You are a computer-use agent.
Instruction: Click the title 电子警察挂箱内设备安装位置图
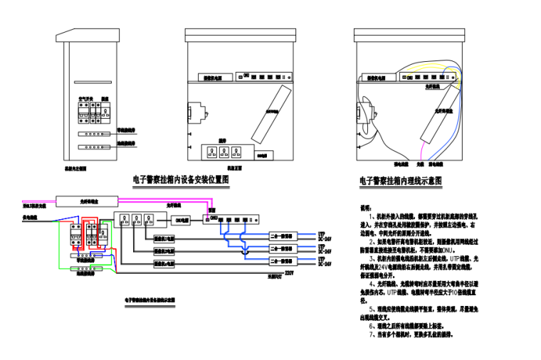tap(181, 180)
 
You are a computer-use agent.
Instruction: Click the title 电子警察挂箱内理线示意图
tap(401, 181)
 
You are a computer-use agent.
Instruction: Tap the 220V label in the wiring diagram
tap(288, 272)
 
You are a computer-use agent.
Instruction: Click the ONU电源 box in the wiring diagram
tap(182, 220)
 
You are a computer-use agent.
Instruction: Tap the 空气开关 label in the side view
tap(83, 99)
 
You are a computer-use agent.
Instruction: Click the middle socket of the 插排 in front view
tap(228, 152)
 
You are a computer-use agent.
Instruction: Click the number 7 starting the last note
tap(371, 334)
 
